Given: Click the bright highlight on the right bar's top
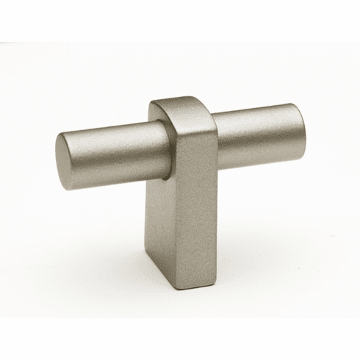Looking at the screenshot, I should point(257,120).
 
